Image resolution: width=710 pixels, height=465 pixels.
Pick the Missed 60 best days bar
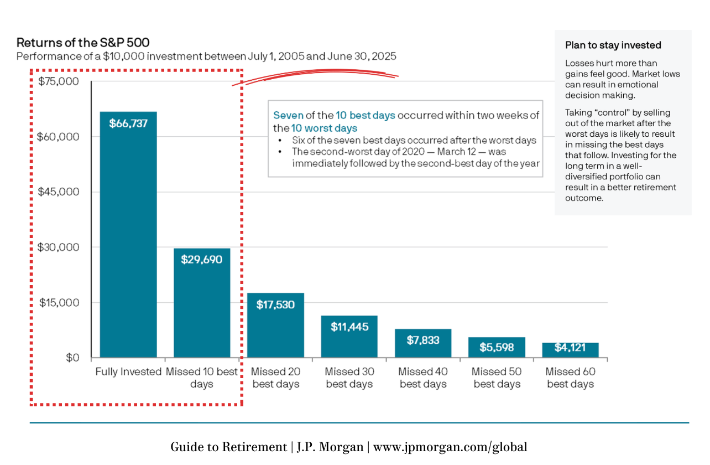coord(570,350)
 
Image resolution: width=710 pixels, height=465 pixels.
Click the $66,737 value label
coord(128,123)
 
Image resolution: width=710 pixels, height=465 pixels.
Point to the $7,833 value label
coord(423,340)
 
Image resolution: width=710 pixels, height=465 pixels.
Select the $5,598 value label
coord(497,347)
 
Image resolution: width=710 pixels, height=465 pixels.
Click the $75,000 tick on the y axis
coord(58,81)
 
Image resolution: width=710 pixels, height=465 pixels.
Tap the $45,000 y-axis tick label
coord(58,192)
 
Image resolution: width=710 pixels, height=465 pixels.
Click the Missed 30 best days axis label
coord(349,378)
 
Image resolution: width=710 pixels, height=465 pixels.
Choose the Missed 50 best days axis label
coord(497,378)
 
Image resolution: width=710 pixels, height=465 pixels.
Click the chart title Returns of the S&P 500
coord(83,43)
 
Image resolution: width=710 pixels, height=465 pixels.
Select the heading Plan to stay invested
coord(613,45)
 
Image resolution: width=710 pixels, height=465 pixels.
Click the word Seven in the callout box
coord(289,115)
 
